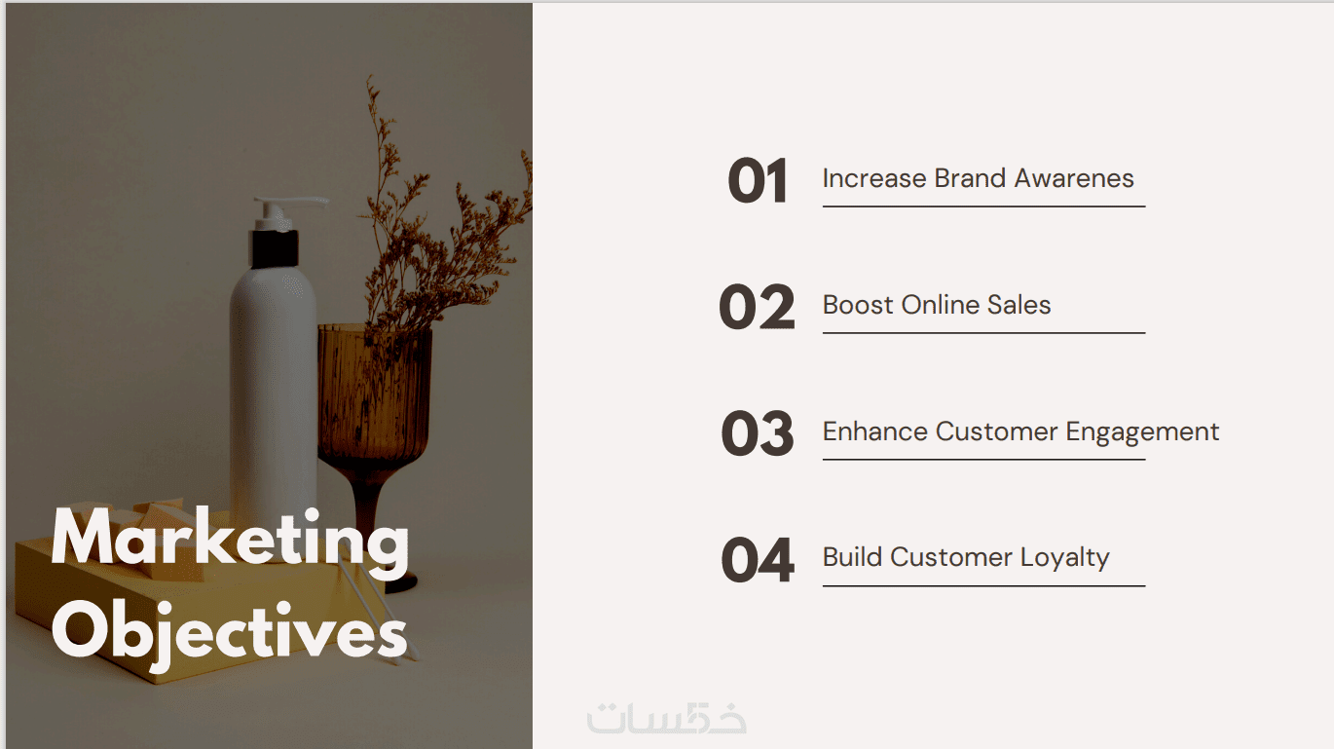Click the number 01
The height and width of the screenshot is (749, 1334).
click(x=758, y=180)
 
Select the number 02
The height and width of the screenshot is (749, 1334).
click(x=757, y=307)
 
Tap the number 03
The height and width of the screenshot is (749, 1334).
click(x=758, y=433)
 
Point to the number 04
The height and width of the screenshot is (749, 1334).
click(x=758, y=559)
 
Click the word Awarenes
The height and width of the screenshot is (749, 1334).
click(x=1074, y=178)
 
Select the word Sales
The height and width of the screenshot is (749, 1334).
click(x=1019, y=305)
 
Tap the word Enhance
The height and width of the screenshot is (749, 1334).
click(x=874, y=431)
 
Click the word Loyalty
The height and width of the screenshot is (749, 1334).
click(x=1065, y=559)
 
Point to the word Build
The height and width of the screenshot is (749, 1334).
click(x=852, y=557)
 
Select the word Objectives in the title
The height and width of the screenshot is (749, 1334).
click(x=229, y=635)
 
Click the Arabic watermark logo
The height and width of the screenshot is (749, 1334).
click(x=666, y=718)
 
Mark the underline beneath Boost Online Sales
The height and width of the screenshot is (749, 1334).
click(x=983, y=333)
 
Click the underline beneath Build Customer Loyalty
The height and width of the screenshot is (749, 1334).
click(x=983, y=585)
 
